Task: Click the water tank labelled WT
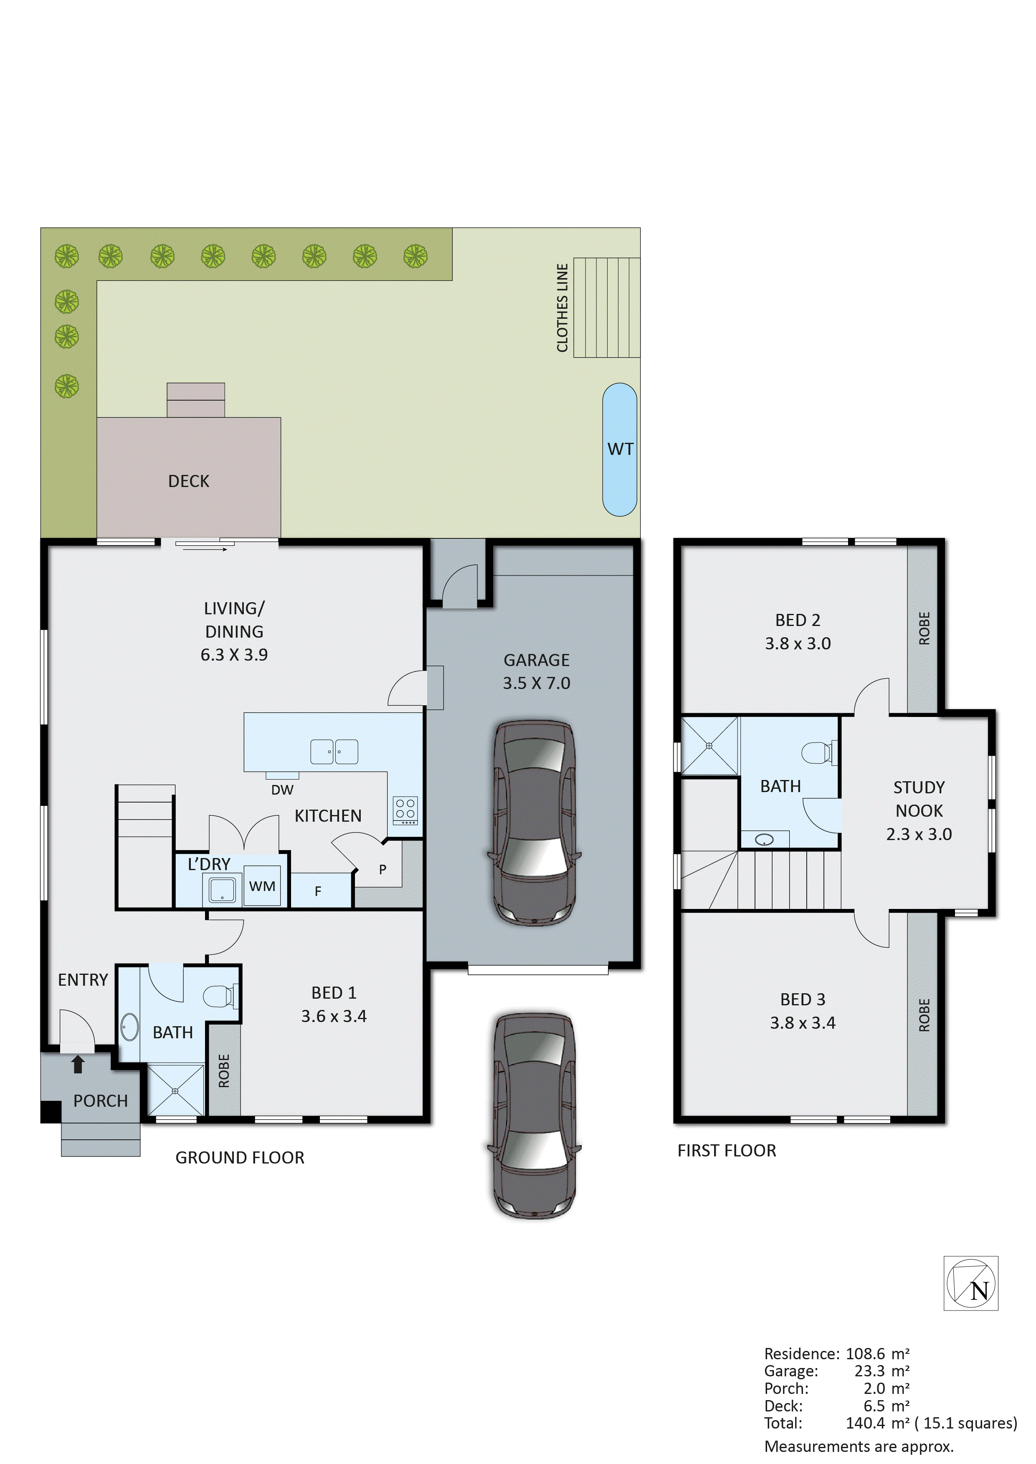[619, 449]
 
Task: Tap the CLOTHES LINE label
[562, 308]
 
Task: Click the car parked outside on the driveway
[534, 1116]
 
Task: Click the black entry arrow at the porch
[78, 1063]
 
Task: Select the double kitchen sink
[334, 752]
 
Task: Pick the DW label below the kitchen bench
[282, 790]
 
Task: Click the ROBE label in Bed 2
[924, 628]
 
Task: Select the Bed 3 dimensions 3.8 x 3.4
[803, 1023]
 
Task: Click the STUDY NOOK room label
[919, 799]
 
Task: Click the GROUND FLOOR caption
[240, 1157]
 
